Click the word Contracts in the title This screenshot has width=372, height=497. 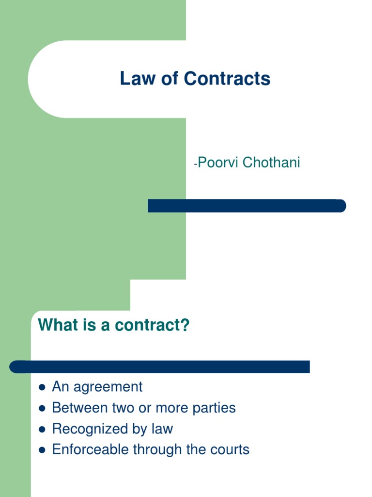[x=227, y=79]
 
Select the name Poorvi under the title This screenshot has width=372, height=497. [x=218, y=163]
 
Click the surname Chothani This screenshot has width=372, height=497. [x=271, y=163]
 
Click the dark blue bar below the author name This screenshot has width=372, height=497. [x=247, y=206]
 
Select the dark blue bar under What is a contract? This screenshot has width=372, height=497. [x=160, y=367]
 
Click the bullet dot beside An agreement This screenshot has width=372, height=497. [x=42, y=388]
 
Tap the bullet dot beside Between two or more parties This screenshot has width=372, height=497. [x=42, y=409]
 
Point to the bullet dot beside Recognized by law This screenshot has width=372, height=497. [x=42, y=430]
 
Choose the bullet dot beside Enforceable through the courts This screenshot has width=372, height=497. [x=42, y=450]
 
